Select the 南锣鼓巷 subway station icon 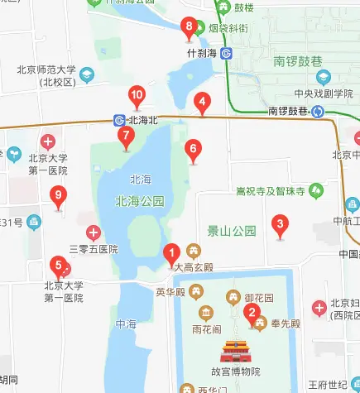(x=318, y=112)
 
